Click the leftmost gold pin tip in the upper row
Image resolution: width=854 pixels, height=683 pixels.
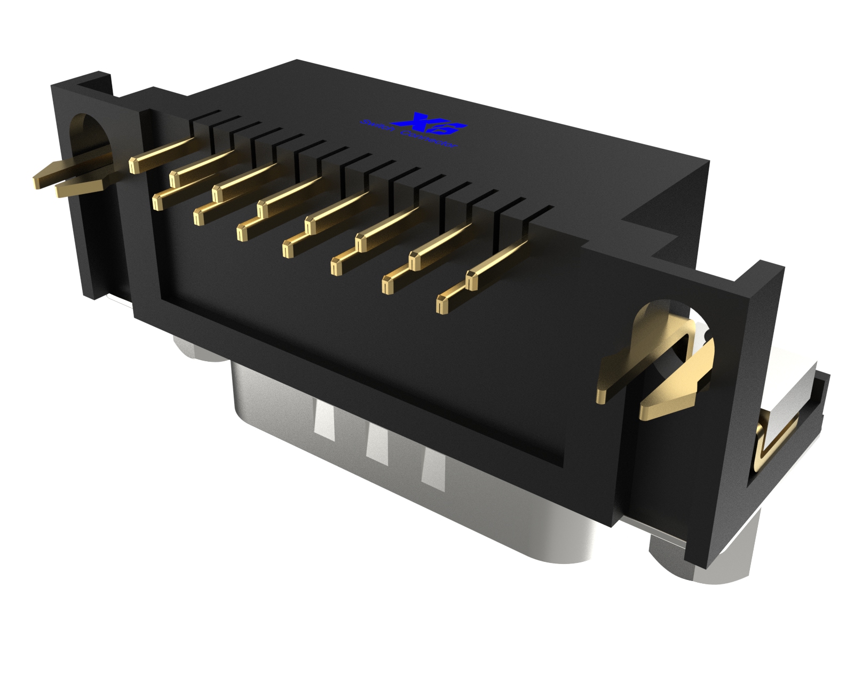click(x=134, y=165)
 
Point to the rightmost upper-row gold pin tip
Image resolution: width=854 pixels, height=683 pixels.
click(x=472, y=281)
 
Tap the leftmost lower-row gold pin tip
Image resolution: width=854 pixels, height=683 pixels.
click(x=158, y=202)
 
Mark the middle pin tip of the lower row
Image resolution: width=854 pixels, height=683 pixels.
click(x=288, y=250)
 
